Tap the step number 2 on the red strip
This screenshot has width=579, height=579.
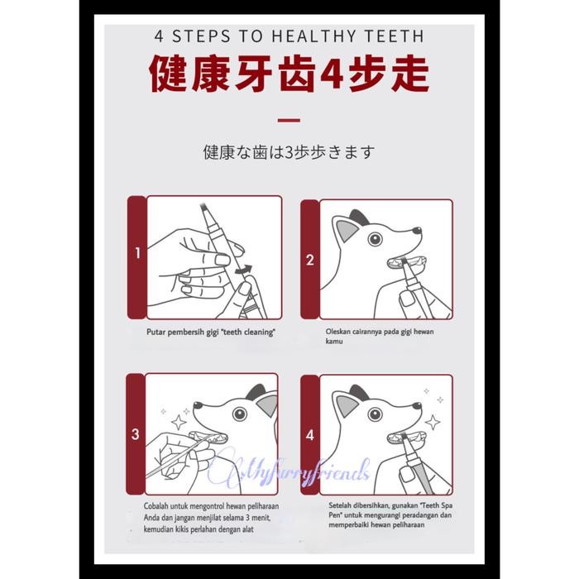(x=310, y=260)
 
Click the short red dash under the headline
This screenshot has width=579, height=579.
(x=289, y=121)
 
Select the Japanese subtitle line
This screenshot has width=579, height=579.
(x=289, y=152)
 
